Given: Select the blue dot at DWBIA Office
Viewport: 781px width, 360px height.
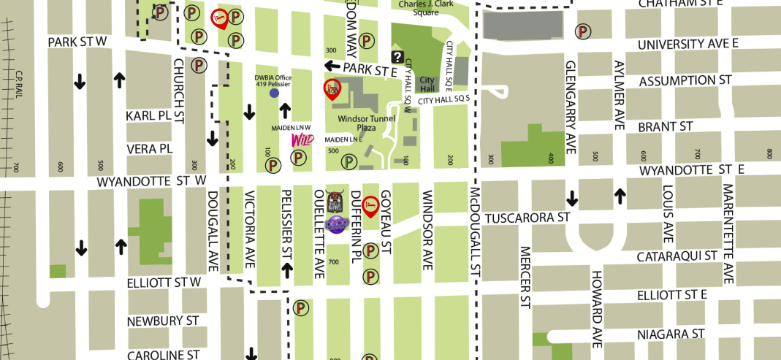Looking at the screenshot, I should click(x=274, y=93).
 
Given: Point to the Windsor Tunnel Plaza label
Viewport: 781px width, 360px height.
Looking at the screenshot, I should click(x=366, y=123).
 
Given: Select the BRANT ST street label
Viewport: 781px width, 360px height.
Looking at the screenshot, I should click(x=666, y=126).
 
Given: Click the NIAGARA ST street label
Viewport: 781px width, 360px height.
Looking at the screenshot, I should click(x=671, y=333).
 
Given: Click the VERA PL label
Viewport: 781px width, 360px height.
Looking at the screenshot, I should click(x=148, y=148).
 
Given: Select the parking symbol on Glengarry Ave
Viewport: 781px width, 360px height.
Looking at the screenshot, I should click(x=583, y=31).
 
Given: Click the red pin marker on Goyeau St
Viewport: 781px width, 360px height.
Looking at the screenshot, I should click(x=371, y=205).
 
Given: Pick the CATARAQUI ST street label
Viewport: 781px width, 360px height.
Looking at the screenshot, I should click(x=677, y=256).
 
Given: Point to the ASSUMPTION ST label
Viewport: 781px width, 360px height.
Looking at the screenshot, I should click(x=685, y=80).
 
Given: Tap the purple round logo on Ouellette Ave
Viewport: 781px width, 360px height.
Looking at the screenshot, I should click(x=336, y=223).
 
